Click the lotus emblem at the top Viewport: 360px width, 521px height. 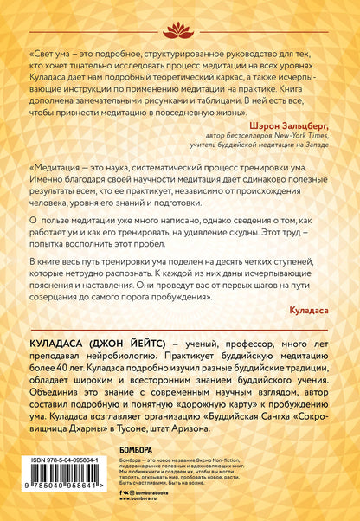click(x=180, y=18)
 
